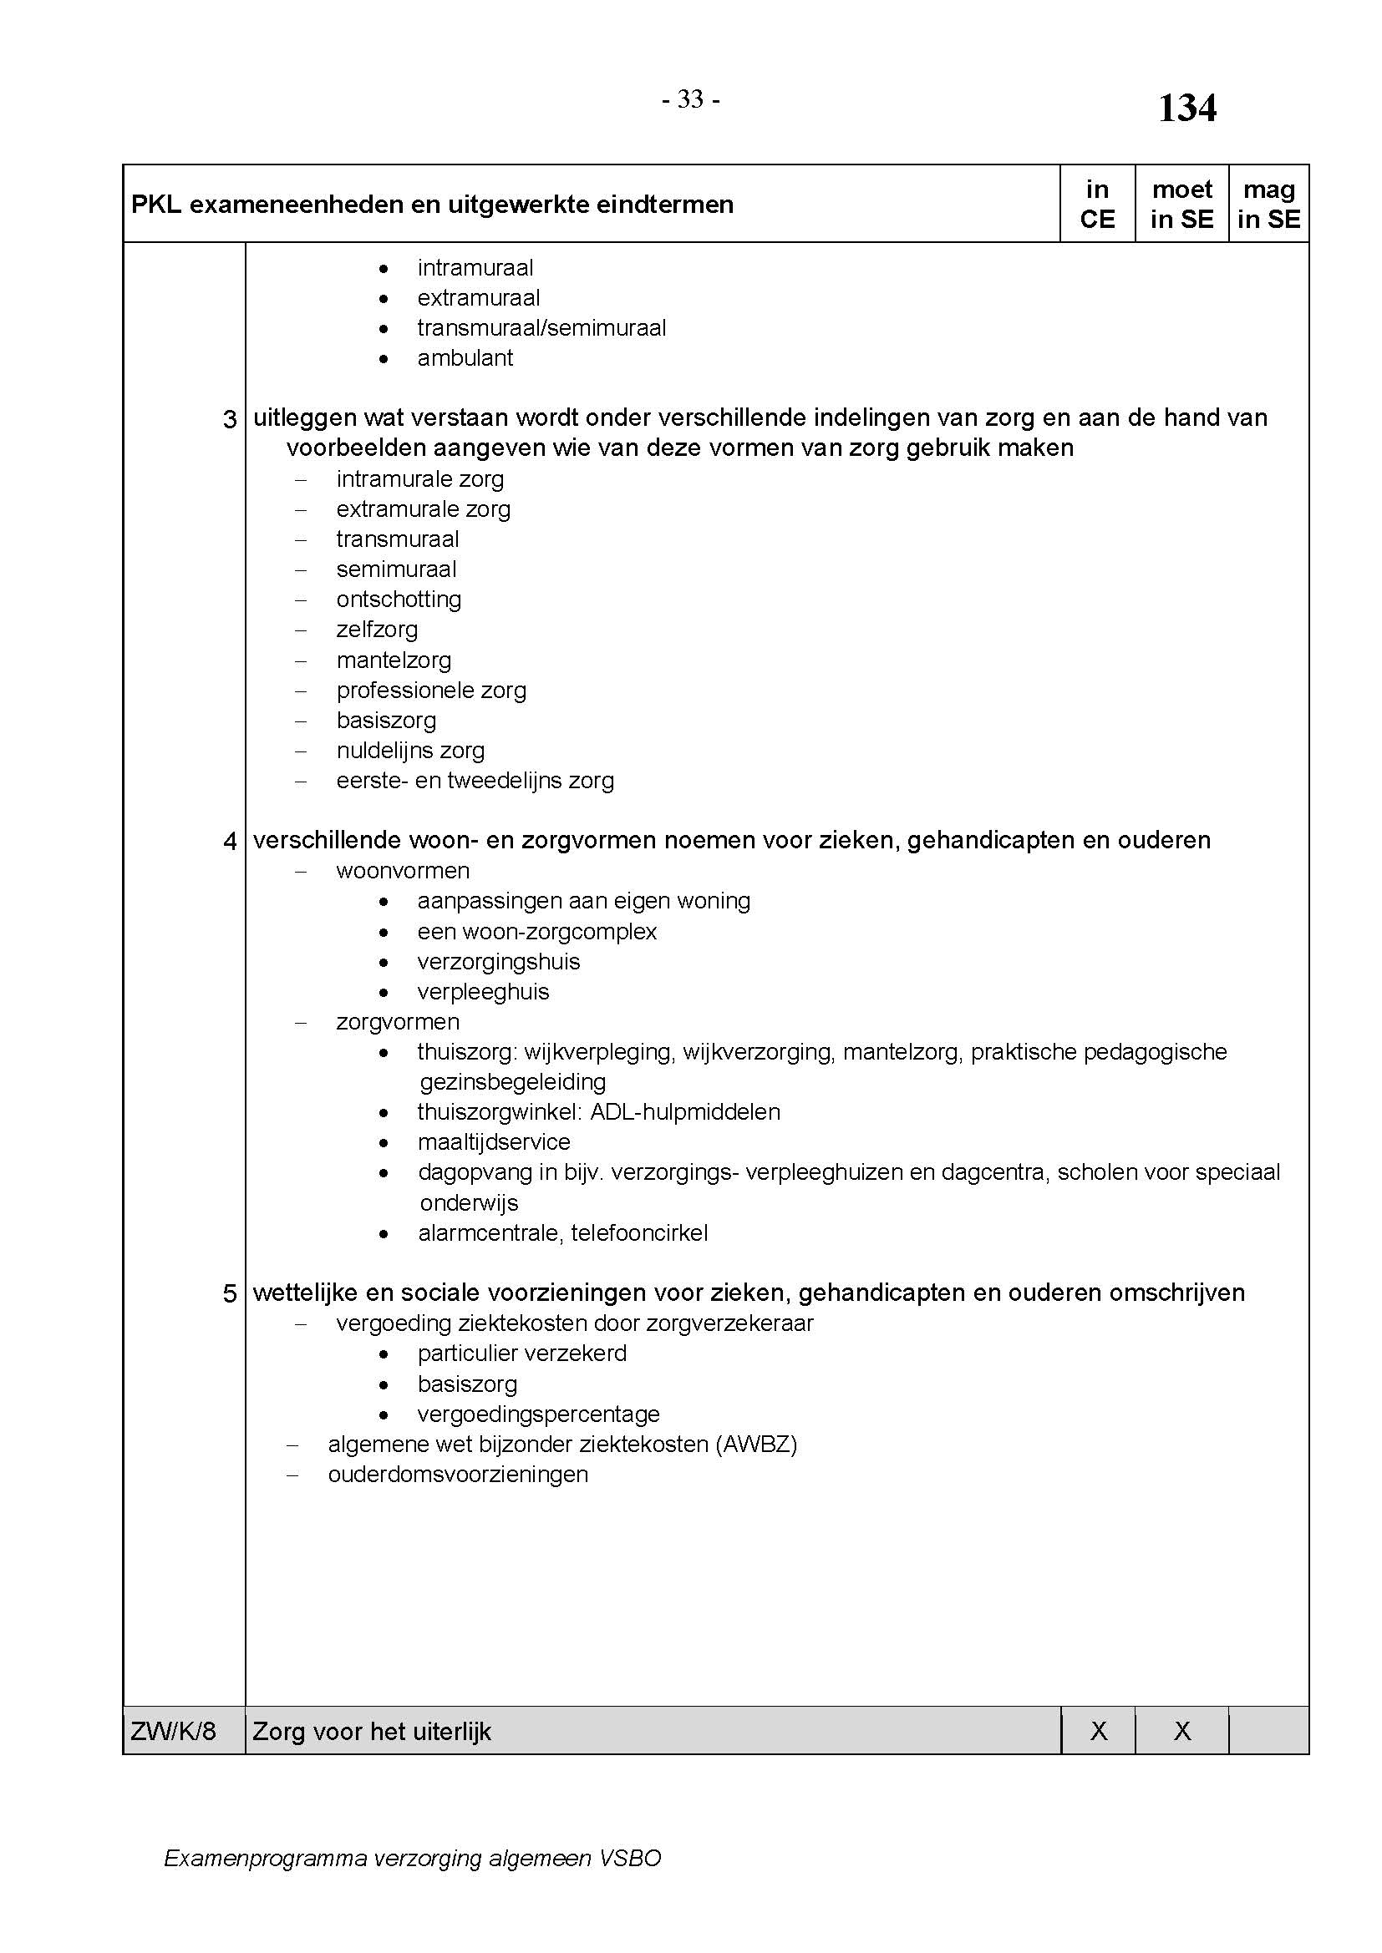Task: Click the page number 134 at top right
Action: pos(1187,109)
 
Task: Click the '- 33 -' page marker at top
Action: pos(691,100)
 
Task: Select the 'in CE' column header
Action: pos(1097,204)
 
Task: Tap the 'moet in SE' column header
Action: pos(1181,204)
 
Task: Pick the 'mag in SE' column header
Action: pos(1269,204)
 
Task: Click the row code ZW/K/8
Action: pos(174,1731)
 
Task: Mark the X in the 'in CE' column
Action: pos(1099,1731)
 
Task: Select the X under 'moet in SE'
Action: pos(1182,1731)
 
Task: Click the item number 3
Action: pos(230,419)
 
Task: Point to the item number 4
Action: pos(230,842)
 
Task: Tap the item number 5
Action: pos(230,1293)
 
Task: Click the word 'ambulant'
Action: pos(465,358)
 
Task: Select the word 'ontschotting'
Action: pos(399,600)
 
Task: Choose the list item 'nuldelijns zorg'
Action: pos(410,751)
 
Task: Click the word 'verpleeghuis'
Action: pos(482,992)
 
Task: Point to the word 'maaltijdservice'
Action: pos(494,1142)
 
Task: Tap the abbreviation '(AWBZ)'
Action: pos(757,1445)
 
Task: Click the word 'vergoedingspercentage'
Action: pos(538,1414)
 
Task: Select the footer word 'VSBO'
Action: pos(630,1859)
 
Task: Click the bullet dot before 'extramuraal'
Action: pos(384,299)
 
